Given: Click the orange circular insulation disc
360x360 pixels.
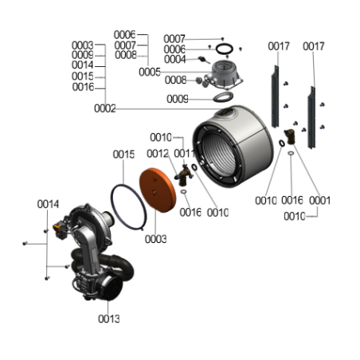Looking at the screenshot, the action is pyautogui.click(x=158, y=190).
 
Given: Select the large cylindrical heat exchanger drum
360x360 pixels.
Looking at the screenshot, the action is pyautogui.click(x=233, y=146).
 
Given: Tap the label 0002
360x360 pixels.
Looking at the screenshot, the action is pyautogui.click(x=105, y=108).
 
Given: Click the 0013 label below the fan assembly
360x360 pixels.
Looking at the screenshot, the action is pyautogui.click(x=109, y=319).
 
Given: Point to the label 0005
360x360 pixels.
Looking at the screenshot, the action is pyautogui.click(x=150, y=72).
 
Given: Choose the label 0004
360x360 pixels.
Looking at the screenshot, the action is pyautogui.click(x=174, y=60).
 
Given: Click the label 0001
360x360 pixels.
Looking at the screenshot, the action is pyautogui.click(x=319, y=201).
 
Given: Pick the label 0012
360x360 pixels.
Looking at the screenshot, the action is pyautogui.click(x=158, y=154).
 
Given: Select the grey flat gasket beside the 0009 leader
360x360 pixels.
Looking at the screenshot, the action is pyautogui.click(x=223, y=97).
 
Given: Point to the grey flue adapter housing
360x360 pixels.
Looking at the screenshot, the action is pyautogui.click(x=225, y=74).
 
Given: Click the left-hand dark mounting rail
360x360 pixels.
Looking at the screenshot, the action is pyautogui.click(x=275, y=97).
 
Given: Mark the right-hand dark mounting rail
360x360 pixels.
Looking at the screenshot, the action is pyautogui.click(x=311, y=118).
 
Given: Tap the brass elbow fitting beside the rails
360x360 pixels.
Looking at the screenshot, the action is pyautogui.click(x=290, y=136).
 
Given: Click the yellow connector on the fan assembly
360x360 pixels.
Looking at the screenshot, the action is pyautogui.click(x=57, y=227).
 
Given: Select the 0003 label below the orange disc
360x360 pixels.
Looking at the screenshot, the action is pyautogui.click(x=156, y=239).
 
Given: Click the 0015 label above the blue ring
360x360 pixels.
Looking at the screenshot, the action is pyautogui.click(x=123, y=155).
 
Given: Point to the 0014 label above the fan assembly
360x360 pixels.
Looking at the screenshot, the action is pyautogui.click(x=48, y=204).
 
